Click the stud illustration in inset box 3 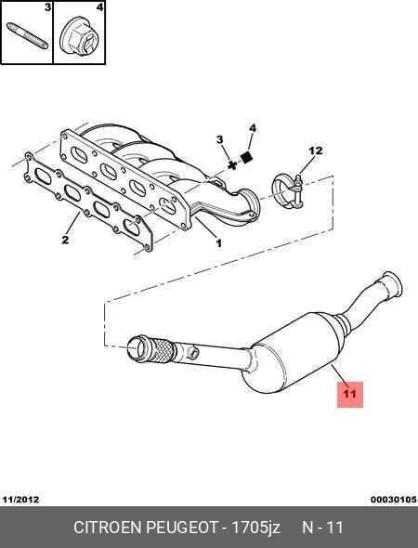tap(27, 35)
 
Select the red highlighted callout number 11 tap(350, 394)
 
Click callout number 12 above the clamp tap(316, 151)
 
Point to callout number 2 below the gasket tap(65, 241)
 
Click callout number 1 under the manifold tap(218, 243)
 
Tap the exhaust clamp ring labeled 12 tap(288, 190)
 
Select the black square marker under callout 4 tap(246, 158)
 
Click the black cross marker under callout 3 tap(231, 165)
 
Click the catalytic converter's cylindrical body tap(293, 353)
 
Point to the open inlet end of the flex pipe tap(137, 347)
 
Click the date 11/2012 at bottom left tap(20, 500)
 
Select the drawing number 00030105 tap(394, 500)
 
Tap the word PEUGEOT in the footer tap(182, 528)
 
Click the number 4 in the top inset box tap(99, 7)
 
